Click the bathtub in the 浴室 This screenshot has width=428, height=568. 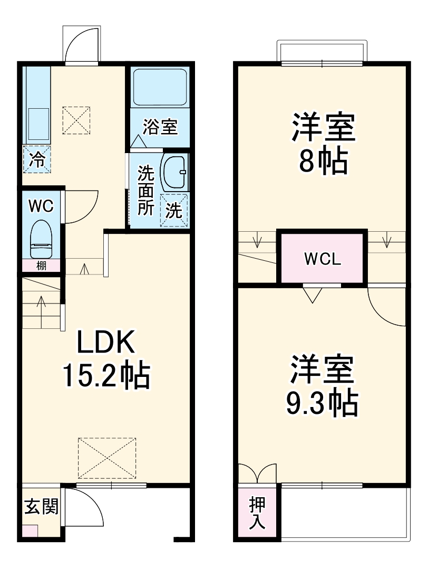pos(160,87)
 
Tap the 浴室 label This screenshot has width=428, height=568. pos(160,127)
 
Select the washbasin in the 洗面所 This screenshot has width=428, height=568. pos(175,173)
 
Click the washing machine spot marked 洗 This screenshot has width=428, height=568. pos(174,211)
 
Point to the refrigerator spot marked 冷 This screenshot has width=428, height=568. pos(37,159)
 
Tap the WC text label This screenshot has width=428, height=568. pos(41,206)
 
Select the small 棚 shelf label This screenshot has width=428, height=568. pos(41,266)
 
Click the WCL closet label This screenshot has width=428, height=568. pos(323,259)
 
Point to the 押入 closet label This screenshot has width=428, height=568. pos(257,513)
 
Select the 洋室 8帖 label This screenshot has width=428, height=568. pos(323,144)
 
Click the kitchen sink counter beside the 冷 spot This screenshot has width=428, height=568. pos(36,106)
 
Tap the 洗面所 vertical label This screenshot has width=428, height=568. pos(145,191)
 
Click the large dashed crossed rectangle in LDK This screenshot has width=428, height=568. pos(107,459)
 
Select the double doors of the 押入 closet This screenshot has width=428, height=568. pos(258,474)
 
